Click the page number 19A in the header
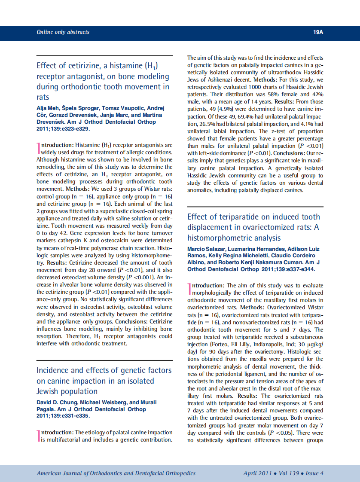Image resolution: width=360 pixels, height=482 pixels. click(x=318, y=32)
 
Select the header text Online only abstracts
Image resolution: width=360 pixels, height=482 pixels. click(x=63, y=32)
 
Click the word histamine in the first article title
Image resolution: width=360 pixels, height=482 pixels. click(x=122, y=66)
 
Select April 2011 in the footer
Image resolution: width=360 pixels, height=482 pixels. click(x=257, y=473)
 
